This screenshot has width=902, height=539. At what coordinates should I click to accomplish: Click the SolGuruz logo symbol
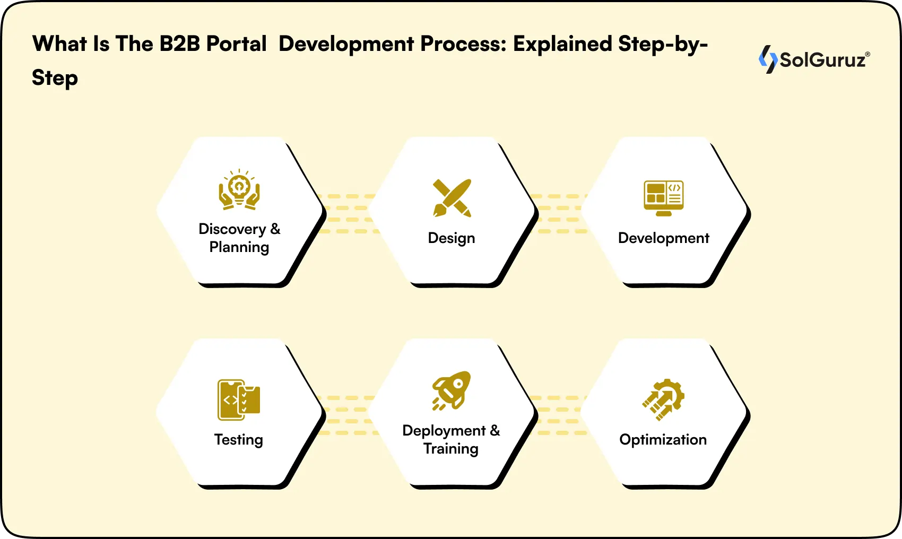pos(767,59)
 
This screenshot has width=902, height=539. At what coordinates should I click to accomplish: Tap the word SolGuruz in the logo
pos(823,60)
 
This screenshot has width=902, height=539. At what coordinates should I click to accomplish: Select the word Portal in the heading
pos(236,44)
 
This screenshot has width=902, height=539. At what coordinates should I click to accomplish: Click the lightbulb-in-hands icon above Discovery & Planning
pos(239,189)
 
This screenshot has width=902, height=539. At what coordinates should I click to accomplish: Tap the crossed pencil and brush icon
pos(452,198)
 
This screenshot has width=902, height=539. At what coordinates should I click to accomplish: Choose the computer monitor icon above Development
pos(663,198)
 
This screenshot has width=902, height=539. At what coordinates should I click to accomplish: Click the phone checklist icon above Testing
pos(239,399)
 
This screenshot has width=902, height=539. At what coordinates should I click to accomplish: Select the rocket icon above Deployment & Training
pos(452,390)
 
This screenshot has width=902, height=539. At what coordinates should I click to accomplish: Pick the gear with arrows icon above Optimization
pos(663,399)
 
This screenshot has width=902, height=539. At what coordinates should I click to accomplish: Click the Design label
pos(452,238)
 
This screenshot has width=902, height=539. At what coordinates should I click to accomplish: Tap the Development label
pos(663,238)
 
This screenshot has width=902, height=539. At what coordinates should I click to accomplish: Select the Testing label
pos(239,440)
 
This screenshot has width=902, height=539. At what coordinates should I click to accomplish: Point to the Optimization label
pos(663,440)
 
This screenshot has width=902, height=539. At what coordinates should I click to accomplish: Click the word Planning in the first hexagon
pos(239,247)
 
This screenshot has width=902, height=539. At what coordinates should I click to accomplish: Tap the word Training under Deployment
pos(451,449)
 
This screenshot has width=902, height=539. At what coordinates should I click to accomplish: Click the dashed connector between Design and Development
pos(559,214)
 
